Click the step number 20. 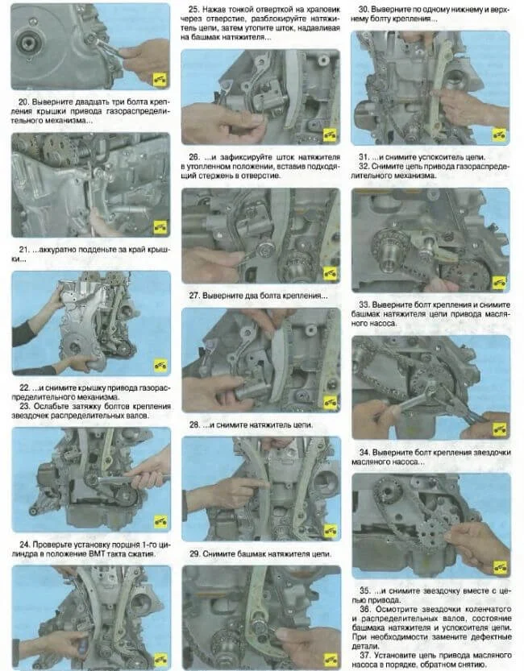coord(24,101)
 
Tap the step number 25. coord(194,9)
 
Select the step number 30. coord(364,9)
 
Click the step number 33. coord(364,304)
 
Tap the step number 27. coord(195,296)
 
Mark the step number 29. coord(195,553)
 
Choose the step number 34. coord(364,453)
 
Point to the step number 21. coord(24,250)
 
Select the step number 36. coord(365,608)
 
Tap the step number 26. coord(194,157)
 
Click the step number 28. coord(195,425)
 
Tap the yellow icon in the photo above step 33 coord(499,282)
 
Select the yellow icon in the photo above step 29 coord(330,531)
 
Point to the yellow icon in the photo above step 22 coord(160,366)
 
